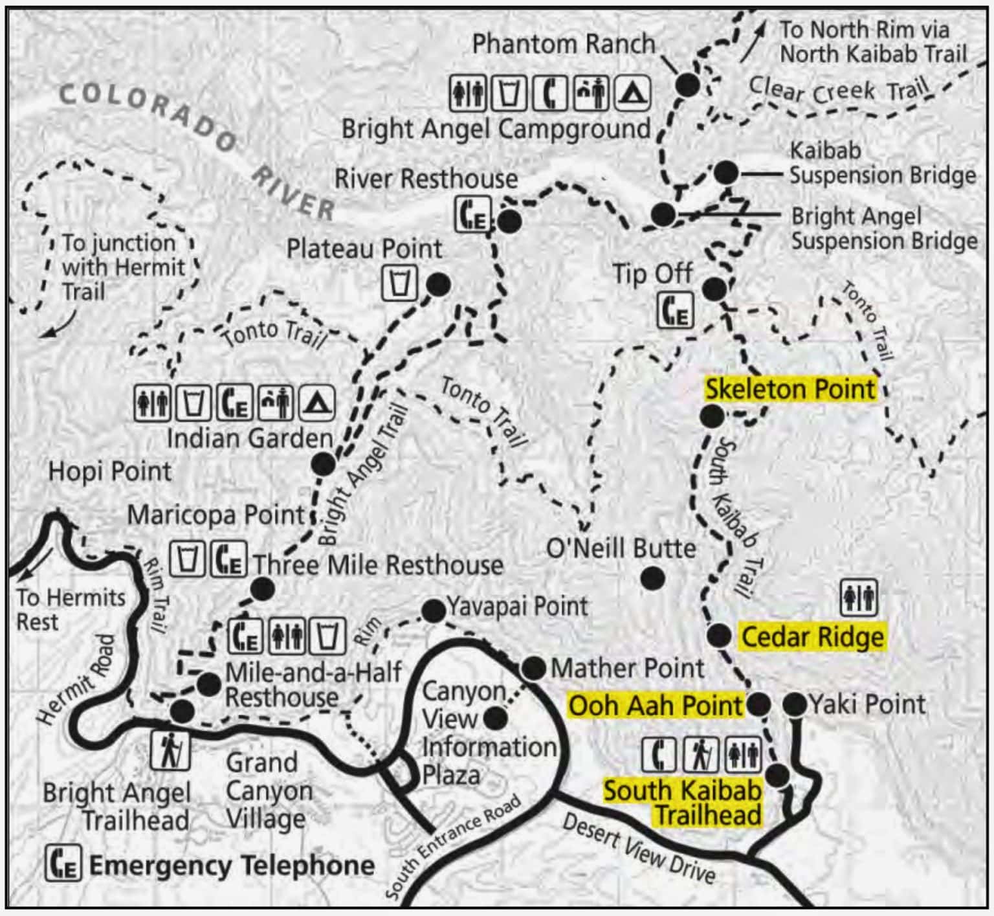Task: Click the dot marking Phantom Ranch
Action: click(687, 85)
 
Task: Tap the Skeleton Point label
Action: click(790, 390)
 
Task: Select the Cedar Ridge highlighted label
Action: click(812, 637)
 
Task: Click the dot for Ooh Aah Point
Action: click(758, 704)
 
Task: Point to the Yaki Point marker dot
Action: click(795, 704)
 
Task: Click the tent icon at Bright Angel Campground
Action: click(631, 93)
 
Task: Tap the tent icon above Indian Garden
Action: click(315, 403)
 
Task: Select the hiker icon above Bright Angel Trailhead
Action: click(170, 750)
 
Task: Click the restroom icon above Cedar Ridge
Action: click(859, 598)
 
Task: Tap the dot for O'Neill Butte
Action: click(652, 578)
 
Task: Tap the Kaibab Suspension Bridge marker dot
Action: click(726, 173)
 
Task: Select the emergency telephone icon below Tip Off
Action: click(676, 310)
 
